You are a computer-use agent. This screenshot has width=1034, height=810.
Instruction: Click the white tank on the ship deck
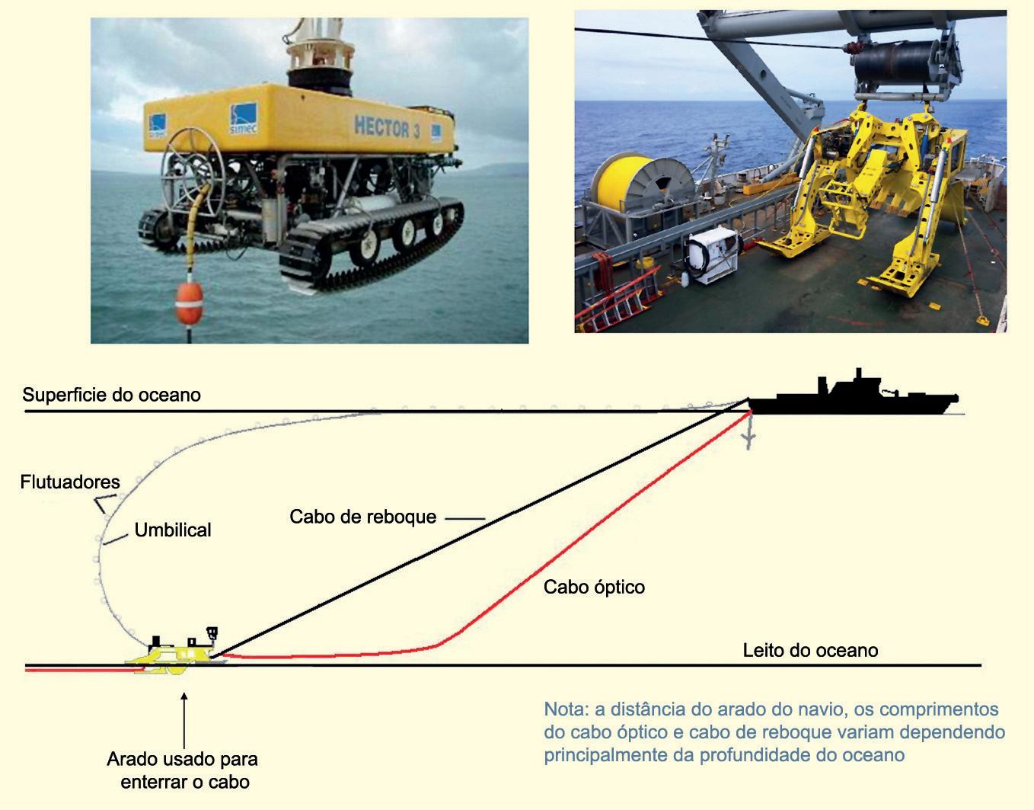coord(713,255)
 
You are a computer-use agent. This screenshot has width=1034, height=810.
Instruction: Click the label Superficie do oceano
coord(111,395)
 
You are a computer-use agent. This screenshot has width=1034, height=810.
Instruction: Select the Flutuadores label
coord(70,482)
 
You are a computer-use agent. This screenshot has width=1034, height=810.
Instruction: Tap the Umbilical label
coord(173,530)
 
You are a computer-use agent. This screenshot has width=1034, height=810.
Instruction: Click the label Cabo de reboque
coord(362,517)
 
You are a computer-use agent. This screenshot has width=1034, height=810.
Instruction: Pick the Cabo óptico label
coord(594,587)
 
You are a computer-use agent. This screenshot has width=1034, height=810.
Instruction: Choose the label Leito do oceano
coord(810,650)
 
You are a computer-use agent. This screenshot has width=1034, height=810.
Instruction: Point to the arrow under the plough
coord(184,719)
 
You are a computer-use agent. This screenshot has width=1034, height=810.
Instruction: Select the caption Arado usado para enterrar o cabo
coord(183,770)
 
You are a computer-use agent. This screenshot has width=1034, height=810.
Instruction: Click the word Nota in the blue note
coord(565,709)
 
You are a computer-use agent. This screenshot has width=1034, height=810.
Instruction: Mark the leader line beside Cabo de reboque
coord(464,518)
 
